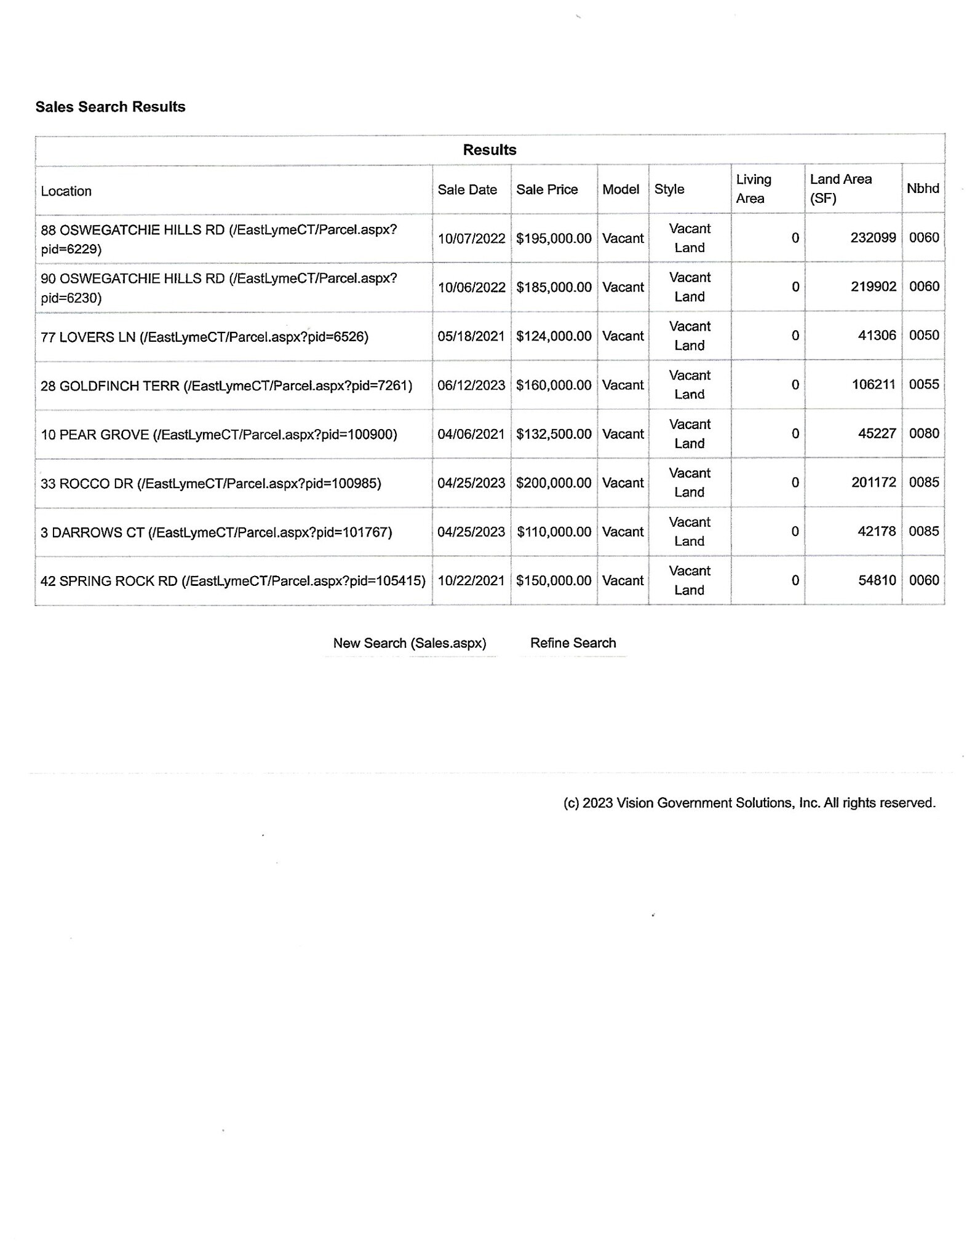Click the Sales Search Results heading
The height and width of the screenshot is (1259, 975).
click(110, 107)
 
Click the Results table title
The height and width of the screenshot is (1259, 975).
click(490, 150)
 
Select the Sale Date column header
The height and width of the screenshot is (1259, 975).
click(467, 190)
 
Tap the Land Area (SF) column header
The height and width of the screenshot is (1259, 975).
click(840, 189)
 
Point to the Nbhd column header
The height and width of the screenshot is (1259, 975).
click(923, 189)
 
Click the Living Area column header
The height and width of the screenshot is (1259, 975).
click(753, 189)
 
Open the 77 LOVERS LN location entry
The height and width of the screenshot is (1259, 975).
click(204, 337)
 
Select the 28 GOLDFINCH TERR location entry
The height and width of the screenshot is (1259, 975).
click(226, 386)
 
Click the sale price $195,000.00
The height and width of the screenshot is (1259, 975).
click(554, 239)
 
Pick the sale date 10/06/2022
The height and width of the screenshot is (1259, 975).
click(471, 288)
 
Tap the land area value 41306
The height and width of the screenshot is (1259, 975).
click(877, 336)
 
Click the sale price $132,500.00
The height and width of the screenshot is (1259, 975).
click(554, 435)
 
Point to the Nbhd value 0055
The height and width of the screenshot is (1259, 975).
click(924, 385)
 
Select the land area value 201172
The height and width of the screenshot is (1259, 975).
click(874, 483)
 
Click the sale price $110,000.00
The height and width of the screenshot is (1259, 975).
click(554, 532)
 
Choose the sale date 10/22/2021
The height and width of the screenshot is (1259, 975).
click(471, 581)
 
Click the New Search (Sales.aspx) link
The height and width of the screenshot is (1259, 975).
click(410, 644)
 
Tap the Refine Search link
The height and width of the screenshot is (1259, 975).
click(573, 644)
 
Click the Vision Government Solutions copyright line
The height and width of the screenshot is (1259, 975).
click(749, 803)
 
